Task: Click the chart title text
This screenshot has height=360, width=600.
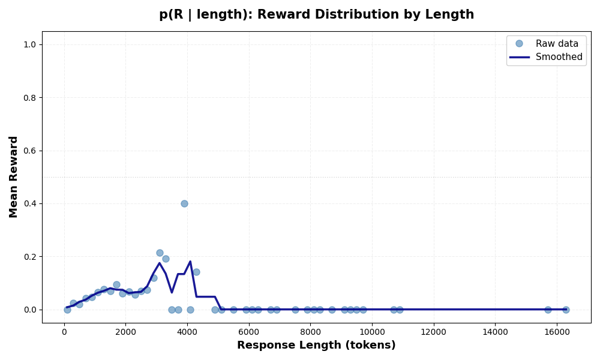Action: coord(316,14)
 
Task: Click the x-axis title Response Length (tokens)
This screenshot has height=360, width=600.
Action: coord(316,345)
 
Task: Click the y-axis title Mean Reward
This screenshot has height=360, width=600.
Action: coord(14,176)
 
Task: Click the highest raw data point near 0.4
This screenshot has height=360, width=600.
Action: coord(184,203)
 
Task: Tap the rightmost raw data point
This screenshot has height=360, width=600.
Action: coord(566,310)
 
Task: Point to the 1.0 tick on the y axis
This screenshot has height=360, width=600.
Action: coord(30,44)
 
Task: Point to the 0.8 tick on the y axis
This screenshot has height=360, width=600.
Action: coord(30,98)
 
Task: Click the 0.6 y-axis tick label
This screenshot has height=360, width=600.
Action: coord(30,151)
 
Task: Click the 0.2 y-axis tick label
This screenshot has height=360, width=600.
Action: coord(30,257)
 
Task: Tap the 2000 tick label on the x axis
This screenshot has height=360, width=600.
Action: coord(125,329)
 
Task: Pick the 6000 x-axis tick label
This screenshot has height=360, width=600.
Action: coord(248,329)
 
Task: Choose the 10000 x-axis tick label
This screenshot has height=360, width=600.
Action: coord(371,329)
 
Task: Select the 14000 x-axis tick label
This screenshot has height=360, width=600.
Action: coord(494,329)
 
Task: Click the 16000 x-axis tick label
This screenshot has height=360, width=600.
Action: coord(556,329)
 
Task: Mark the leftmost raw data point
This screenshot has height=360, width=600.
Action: coord(67,310)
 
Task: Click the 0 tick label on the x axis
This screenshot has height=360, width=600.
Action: coord(64,329)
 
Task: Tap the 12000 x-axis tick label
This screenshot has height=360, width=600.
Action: coord(433,329)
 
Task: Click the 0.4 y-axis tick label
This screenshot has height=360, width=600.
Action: coord(30,204)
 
